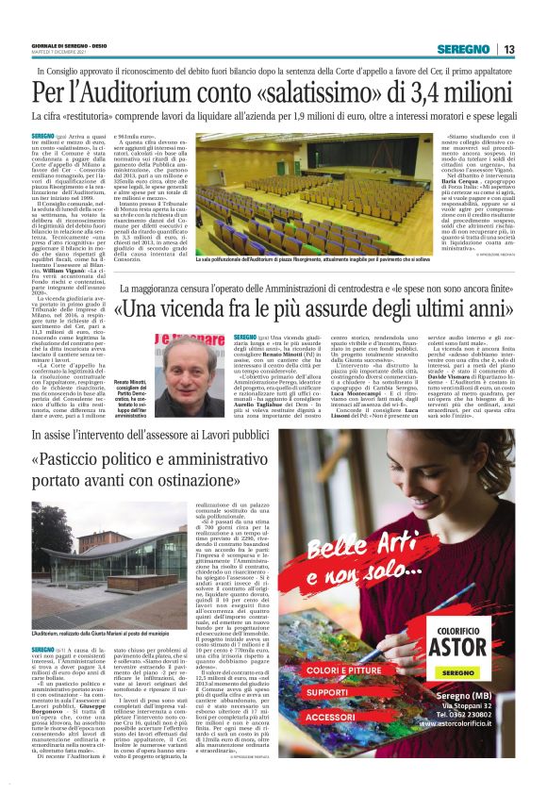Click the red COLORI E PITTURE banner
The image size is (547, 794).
click(x=373, y=670)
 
